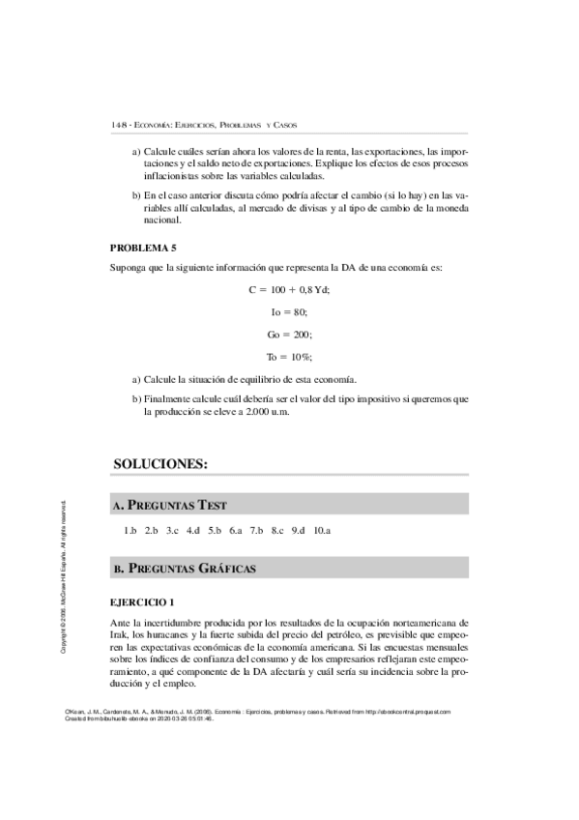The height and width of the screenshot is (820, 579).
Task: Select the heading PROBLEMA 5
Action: coord(143,249)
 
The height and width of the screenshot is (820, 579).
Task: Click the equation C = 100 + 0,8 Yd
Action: coord(289,290)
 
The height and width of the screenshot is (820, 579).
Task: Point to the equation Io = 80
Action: coord(289,312)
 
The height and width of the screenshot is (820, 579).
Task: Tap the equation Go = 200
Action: coord(289,335)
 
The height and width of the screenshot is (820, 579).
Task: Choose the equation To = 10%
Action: coord(289,357)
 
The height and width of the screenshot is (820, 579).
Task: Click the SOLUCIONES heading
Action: coord(160,464)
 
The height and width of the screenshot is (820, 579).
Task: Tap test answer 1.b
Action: coord(130,531)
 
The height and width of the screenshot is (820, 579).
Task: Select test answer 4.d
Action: coord(193,531)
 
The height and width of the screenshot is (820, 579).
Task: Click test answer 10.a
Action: coord(323,531)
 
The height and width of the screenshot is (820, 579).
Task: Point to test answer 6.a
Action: coord(236,531)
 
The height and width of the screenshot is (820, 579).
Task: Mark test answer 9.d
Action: coord(298,531)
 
